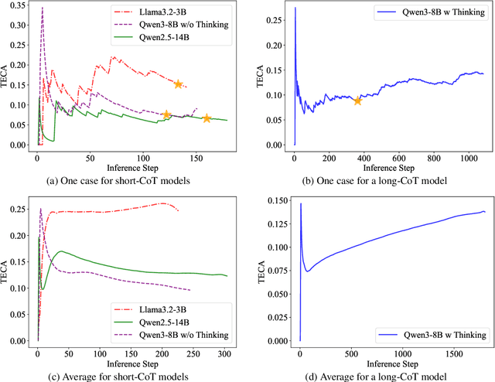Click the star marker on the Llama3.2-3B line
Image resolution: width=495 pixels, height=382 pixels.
click(x=179, y=84)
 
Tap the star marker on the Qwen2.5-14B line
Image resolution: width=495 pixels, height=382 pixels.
click(x=207, y=118)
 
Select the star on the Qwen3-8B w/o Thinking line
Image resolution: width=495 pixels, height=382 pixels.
click(x=166, y=114)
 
